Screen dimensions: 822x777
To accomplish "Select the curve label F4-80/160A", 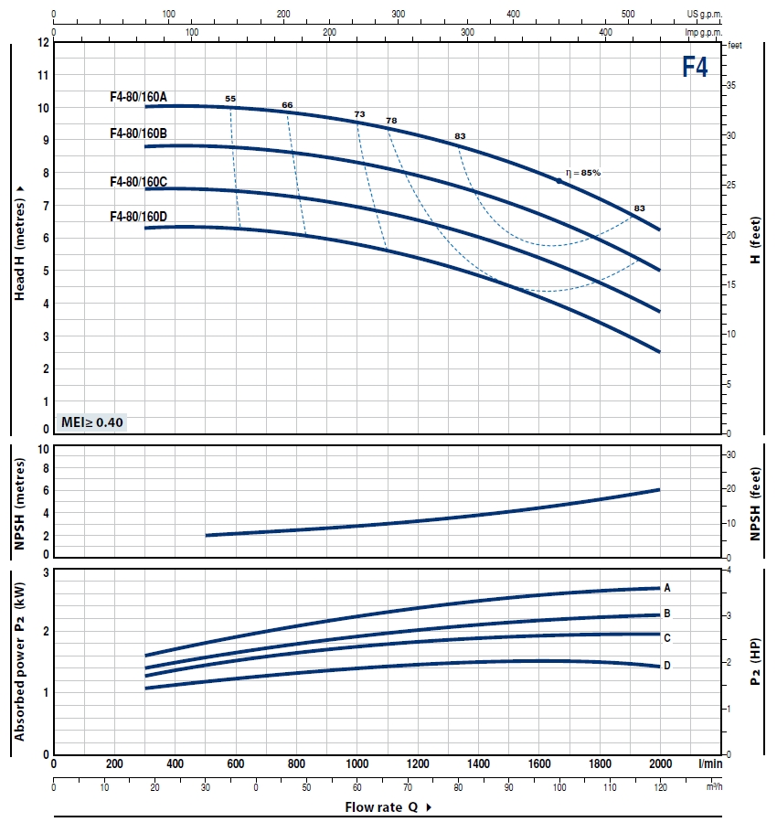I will click(138, 95).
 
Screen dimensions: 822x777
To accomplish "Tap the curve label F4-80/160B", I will click(138, 133).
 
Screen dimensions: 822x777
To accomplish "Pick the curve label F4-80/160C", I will click(138, 182).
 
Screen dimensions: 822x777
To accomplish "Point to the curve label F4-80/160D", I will click(138, 217).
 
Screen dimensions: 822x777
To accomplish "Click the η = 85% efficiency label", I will click(583, 172).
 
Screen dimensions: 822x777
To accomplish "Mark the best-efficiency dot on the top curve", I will click(559, 181).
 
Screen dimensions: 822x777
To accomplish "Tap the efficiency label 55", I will click(230, 98).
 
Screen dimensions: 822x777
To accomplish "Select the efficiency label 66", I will click(287, 105).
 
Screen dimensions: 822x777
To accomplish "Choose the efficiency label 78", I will click(391, 121).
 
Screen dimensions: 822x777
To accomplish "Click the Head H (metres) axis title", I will click(19, 242).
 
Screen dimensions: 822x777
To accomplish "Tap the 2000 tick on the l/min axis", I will click(659, 764).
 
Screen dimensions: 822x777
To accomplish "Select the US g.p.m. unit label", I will click(705, 15).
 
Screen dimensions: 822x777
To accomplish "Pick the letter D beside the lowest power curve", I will click(667, 666).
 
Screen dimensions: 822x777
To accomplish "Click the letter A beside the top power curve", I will click(667, 587).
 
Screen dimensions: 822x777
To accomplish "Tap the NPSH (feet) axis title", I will click(756, 504).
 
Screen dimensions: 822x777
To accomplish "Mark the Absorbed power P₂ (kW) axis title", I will click(19, 662).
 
